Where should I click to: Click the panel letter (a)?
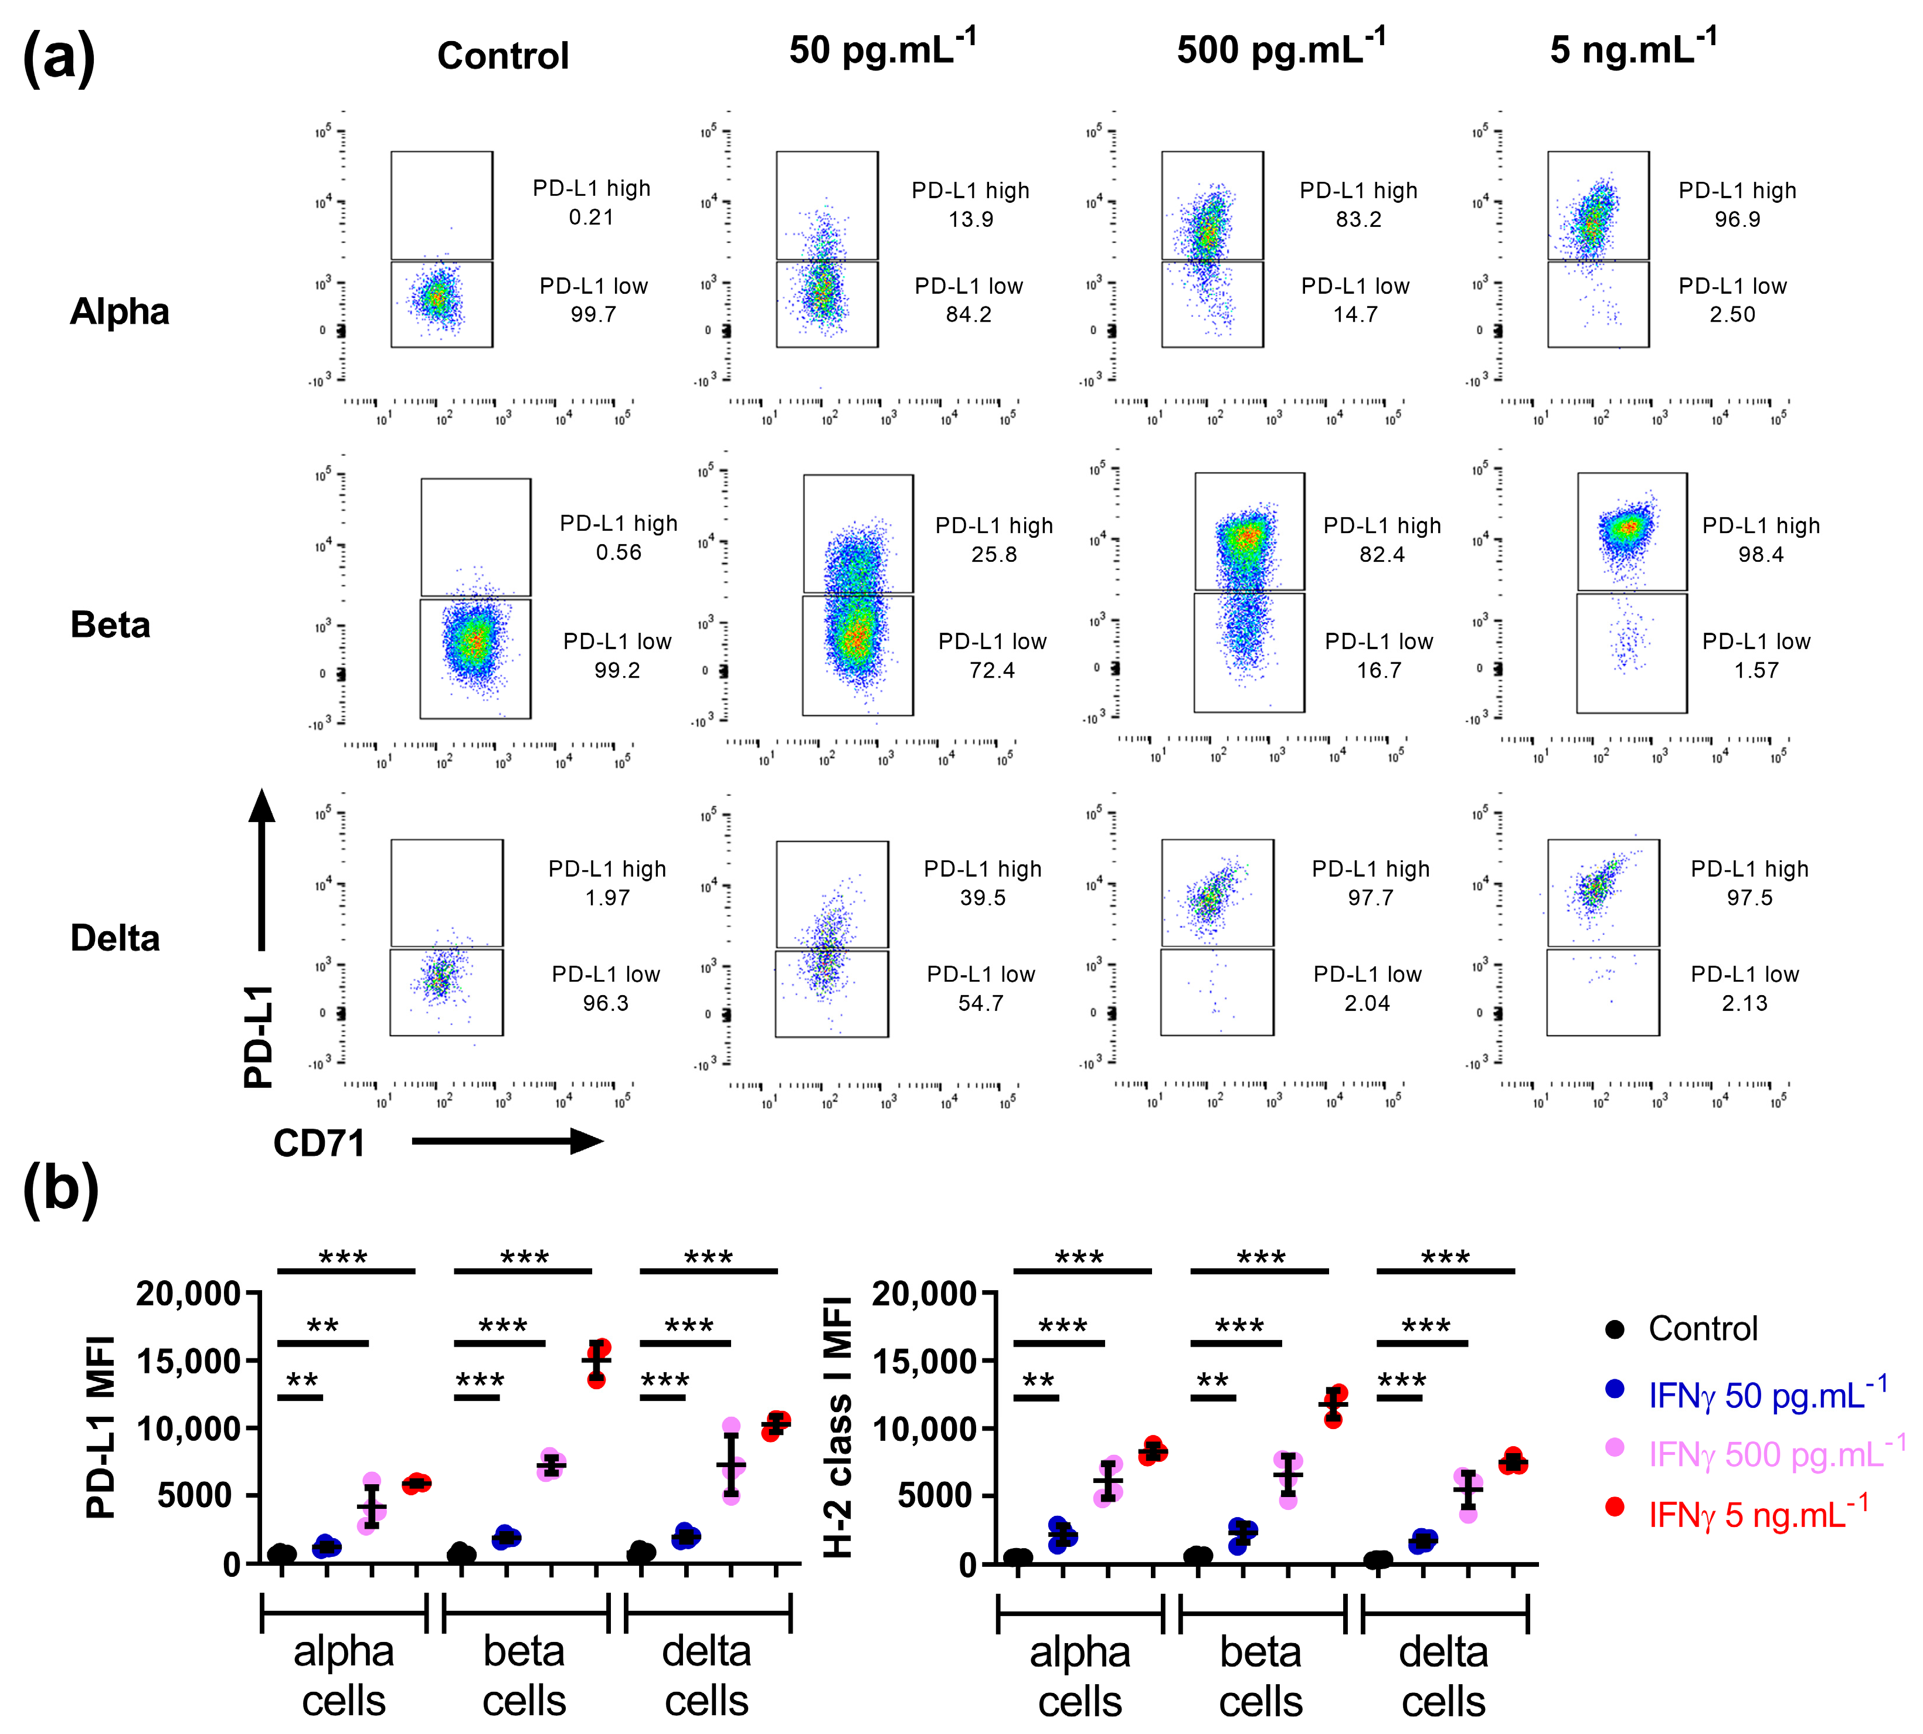click(x=59, y=57)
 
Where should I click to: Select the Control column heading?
click(x=503, y=55)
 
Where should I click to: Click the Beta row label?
click(x=110, y=625)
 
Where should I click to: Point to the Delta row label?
click(x=115, y=938)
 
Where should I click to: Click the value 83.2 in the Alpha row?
click(x=1358, y=219)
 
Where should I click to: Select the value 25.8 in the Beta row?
click(x=993, y=555)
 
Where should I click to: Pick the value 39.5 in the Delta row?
click(x=982, y=897)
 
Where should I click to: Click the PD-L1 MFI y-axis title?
click(x=101, y=1426)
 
